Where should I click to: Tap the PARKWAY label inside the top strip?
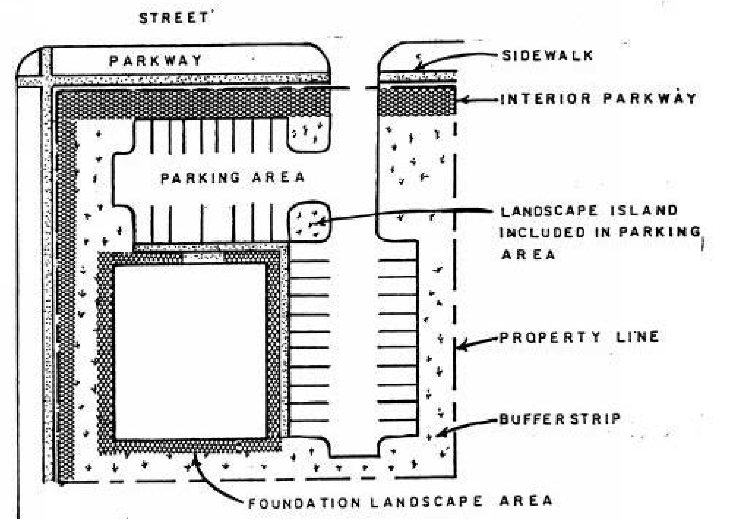[x=156, y=60]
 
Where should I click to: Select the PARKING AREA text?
[x=232, y=178]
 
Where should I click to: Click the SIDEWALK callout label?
[x=547, y=55]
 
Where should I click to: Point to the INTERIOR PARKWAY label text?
[x=598, y=98]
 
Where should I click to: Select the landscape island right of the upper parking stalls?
[x=309, y=135]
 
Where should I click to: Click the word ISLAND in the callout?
[x=644, y=210]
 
